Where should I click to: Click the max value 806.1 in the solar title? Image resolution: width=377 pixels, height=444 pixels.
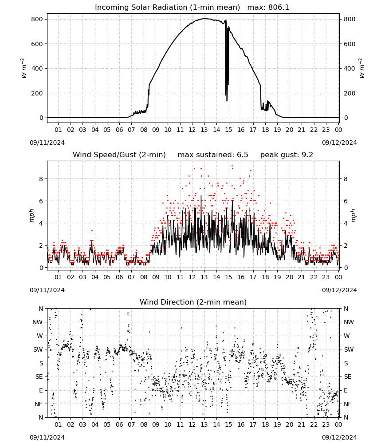[x=279, y=7]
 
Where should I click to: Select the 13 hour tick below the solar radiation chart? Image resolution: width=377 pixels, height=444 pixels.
[x=204, y=130]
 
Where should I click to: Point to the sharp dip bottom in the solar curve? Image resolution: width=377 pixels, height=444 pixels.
[x=227, y=100]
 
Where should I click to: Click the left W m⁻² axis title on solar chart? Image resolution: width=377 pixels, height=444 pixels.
[x=24, y=68]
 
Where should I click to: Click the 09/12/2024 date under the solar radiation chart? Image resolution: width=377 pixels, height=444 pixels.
[x=339, y=143]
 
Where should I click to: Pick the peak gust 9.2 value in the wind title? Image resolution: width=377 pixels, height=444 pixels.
[x=308, y=155]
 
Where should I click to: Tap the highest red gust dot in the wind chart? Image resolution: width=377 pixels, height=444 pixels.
[x=232, y=166]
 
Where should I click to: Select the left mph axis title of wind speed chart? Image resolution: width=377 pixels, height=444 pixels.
[x=31, y=215]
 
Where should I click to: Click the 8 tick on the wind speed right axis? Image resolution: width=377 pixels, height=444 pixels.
[x=346, y=179]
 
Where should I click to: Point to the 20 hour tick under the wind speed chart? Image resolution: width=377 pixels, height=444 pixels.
[x=289, y=277]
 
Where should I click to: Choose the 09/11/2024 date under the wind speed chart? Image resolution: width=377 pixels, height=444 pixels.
[x=47, y=290]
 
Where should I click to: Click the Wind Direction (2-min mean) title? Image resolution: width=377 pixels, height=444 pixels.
[x=193, y=302]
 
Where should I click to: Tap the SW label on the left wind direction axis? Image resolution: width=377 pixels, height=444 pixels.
[x=38, y=350]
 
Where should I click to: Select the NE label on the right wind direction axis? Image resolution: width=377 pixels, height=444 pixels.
[x=348, y=404]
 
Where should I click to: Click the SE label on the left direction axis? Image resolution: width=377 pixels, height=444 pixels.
[x=39, y=377]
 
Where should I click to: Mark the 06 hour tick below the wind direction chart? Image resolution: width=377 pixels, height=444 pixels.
[x=119, y=425]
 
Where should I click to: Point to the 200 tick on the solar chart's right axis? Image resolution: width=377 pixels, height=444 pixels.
[x=350, y=93]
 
